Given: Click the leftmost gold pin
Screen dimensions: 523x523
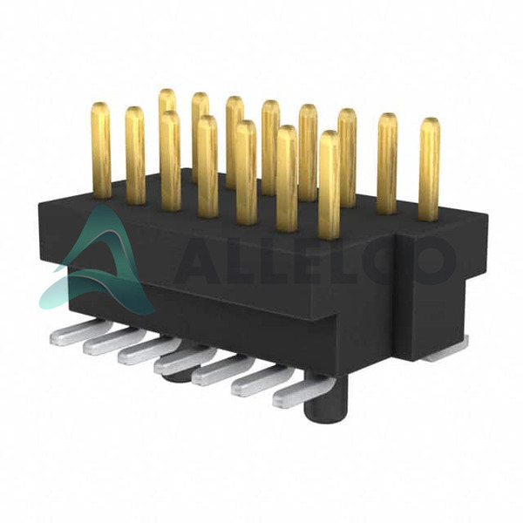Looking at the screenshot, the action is [101, 151].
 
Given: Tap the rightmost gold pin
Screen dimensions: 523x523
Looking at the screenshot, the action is [429, 170].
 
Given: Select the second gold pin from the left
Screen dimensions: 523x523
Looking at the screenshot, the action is [135, 155].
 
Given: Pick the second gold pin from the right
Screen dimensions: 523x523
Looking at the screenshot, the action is [387, 164].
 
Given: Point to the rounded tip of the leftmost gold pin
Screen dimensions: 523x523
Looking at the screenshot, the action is [101, 106].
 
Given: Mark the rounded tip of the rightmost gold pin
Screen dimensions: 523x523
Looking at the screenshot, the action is [430, 122].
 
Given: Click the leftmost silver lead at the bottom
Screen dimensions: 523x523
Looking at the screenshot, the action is [80, 332].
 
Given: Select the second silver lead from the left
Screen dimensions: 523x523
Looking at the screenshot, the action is [113, 342].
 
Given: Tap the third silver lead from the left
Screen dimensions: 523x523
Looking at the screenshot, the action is [149, 352].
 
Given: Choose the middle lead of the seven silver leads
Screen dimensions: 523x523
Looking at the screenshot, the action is [185, 361].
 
